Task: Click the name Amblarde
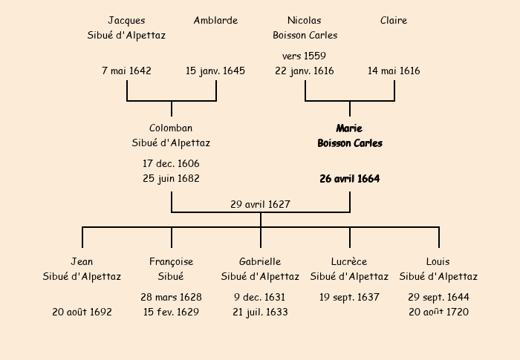pos(215,21)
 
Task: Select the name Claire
pos(394,21)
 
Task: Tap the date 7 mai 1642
pos(126,71)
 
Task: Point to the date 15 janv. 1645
pos(215,71)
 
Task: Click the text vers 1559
pos(304,56)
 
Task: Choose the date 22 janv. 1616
pos(305,71)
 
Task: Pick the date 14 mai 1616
pos(394,71)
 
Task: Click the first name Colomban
pos(171,128)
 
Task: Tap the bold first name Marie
pos(349,128)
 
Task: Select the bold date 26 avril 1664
pos(349,179)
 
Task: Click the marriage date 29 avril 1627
pos(260,205)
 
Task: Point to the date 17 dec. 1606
pos(171,164)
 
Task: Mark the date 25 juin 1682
pos(171,179)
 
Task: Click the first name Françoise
pos(171,262)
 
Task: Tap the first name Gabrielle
pos(260,262)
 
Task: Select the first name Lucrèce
pos(349,262)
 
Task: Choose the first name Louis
pos(438,262)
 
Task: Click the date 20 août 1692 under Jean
pos(82,312)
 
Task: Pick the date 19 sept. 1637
pos(349,298)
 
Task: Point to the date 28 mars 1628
pos(171,298)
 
